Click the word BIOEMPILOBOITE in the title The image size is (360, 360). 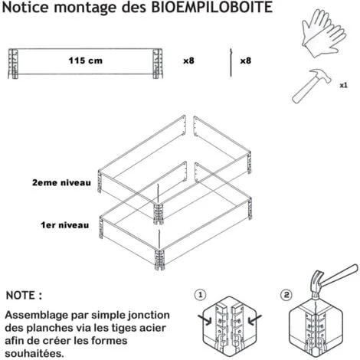[x=212, y=7]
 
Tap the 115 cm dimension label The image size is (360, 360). [x=86, y=61]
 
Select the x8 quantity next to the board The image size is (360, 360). [x=188, y=61]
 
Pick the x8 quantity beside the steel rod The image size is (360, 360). [x=246, y=61]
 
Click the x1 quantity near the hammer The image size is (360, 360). [x=343, y=85]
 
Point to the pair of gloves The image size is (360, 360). [x=324, y=33]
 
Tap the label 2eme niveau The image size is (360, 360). [x=61, y=183]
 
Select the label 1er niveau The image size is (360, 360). [x=65, y=225]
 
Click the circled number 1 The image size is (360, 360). [x=200, y=295]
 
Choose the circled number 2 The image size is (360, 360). [x=286, y=295]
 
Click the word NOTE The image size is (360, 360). [x=21, y=296]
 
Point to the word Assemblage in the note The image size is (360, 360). [x=37, y=316]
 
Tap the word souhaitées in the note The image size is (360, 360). [x=34, y=354]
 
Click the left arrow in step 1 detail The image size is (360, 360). [x=205, y=319]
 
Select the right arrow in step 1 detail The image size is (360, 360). [x=254, y=319]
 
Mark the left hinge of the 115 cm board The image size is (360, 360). [x=13, y=64]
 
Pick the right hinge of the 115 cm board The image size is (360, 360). [x=158, y=64]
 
